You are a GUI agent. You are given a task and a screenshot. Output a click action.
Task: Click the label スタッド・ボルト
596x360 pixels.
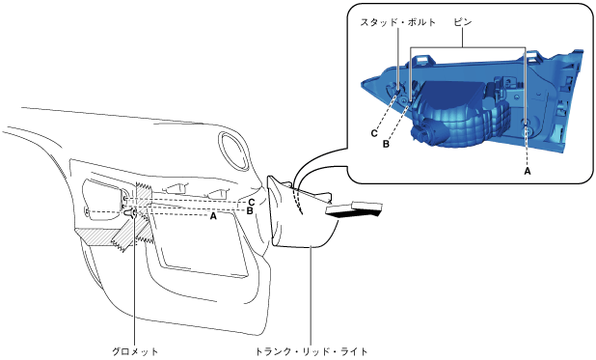tap(398, 22)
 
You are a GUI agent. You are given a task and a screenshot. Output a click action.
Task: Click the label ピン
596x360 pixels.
tap(463, 22)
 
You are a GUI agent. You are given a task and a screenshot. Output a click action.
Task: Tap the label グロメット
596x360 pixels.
tap(135, 351)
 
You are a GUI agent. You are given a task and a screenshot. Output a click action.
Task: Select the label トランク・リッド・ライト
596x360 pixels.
tap(312, 351)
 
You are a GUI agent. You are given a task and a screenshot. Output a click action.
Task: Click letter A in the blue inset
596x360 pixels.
tap(528, 172)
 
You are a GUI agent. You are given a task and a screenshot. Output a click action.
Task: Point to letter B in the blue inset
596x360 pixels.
tap(386, 145)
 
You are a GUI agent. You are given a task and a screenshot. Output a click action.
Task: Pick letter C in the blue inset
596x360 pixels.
tap(374, 133)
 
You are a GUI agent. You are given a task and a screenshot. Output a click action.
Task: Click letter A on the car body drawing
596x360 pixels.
tap(213, 216)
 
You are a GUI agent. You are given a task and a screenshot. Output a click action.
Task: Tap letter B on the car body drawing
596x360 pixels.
tap(250, 210)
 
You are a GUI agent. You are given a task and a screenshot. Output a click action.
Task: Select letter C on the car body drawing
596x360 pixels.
tap(252, 202)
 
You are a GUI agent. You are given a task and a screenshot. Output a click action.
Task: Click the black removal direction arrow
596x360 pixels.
tap(354, 210)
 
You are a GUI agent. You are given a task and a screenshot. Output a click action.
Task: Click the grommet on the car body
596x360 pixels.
tap(132, 213)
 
